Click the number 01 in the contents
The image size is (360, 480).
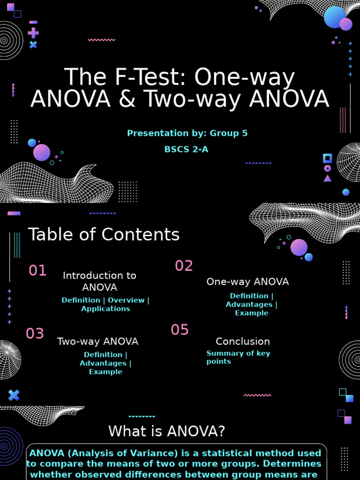[37, 270]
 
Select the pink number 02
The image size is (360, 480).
[184, 266]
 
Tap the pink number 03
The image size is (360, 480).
[35, 334]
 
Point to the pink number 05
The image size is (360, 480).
[180, 330]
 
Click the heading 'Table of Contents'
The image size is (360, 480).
[104, 234]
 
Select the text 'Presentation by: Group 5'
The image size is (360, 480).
[187, 133]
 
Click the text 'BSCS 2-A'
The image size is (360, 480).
[186, 150]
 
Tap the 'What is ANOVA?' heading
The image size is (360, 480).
[166, 431]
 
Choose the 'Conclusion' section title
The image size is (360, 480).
[242, 341]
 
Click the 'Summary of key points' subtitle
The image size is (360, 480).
[238, 357]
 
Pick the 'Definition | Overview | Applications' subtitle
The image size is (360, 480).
[105, 304]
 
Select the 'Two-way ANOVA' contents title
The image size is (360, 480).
[97, 341]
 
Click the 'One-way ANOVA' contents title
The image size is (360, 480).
[247, 282]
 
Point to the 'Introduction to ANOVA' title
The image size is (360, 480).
[99, 281]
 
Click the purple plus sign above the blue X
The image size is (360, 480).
[33, 33]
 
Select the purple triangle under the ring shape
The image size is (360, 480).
[327, 178]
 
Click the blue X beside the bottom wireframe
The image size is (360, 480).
[14, 395]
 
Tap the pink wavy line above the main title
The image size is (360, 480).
[101, 40]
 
